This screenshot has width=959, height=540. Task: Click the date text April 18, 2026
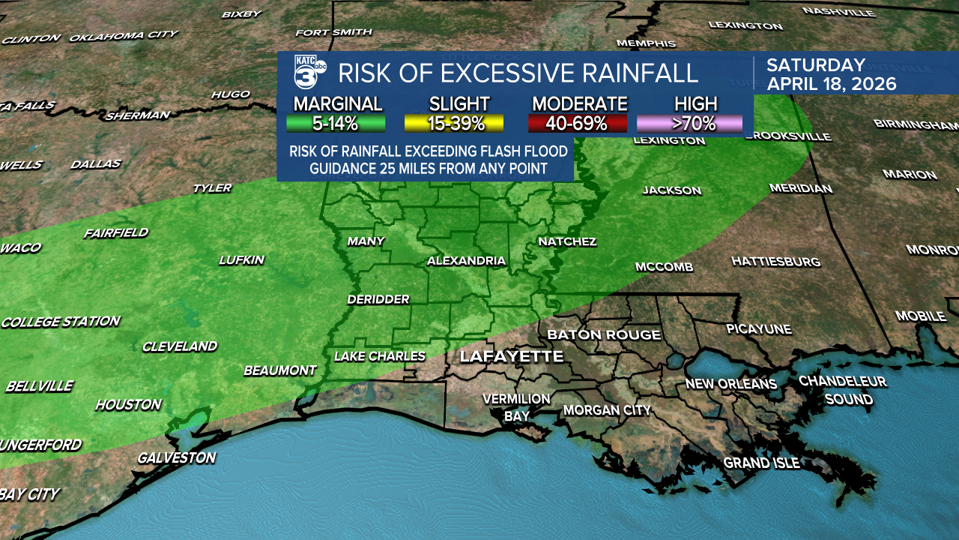pyautogui.click(x=831, y=83)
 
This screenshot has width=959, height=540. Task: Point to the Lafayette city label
pyautogui.click(x=511, y=356)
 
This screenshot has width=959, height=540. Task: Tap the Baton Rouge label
pyautogui.click(x=604, y=334)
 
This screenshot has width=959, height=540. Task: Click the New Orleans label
pyautogui.click(x=730, y=384)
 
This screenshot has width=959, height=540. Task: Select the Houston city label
pyautogui.click(x=128, y=405)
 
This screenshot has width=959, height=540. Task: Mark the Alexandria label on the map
pyautogui.click(x=466, y=261)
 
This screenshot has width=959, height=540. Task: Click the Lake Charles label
pyautogui.click(x=379, y=356)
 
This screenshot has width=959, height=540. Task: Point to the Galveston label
pyautogui.click(x=176, y=457)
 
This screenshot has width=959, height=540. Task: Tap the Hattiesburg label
pyautogui.click(x=775, y=262)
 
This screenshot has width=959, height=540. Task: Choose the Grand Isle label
pyautogui.click(x=761, y=463)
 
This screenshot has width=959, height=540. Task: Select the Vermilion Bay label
pyautogui.click(x=516, y=406)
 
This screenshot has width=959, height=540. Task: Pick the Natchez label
pyautogui.click(x=567, y=241)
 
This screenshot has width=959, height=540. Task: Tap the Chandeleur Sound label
pyautogui.click(x=842, y=390)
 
